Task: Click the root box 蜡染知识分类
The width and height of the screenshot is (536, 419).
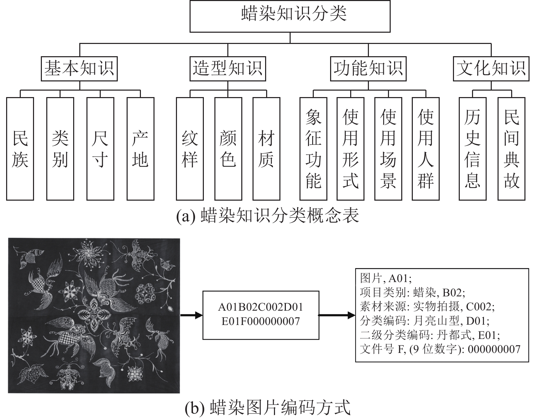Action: tap(290, 16)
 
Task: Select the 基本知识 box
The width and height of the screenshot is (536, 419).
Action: tap(79, 68)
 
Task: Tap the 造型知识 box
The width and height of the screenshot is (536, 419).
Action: tap(228, 68)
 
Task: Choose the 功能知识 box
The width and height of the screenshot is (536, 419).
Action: tap(368, 68)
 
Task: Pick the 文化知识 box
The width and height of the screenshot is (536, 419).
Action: tap(491, 68)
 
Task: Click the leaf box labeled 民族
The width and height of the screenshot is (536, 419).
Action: tap(20, 149)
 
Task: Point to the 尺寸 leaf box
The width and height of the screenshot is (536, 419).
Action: tap(100, 149)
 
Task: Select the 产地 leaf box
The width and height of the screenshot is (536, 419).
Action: tap(141, 149)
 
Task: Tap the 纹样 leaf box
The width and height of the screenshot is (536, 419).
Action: tap(190, 149)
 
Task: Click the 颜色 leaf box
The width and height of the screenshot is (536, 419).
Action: tap(228, 149)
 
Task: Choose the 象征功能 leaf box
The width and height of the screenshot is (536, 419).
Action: tap(313, 149)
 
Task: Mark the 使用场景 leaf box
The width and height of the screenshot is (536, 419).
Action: tap(388, 149)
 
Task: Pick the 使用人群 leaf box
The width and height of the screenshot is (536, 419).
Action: tap(426, 149)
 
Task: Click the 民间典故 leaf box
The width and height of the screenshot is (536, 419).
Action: tap(511, 149)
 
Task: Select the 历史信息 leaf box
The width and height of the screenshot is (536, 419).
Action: tap(473, 149)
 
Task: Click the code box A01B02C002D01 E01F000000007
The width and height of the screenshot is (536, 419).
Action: tap(261, 315)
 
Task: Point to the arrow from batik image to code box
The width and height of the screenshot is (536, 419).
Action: tap(191, 315)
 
